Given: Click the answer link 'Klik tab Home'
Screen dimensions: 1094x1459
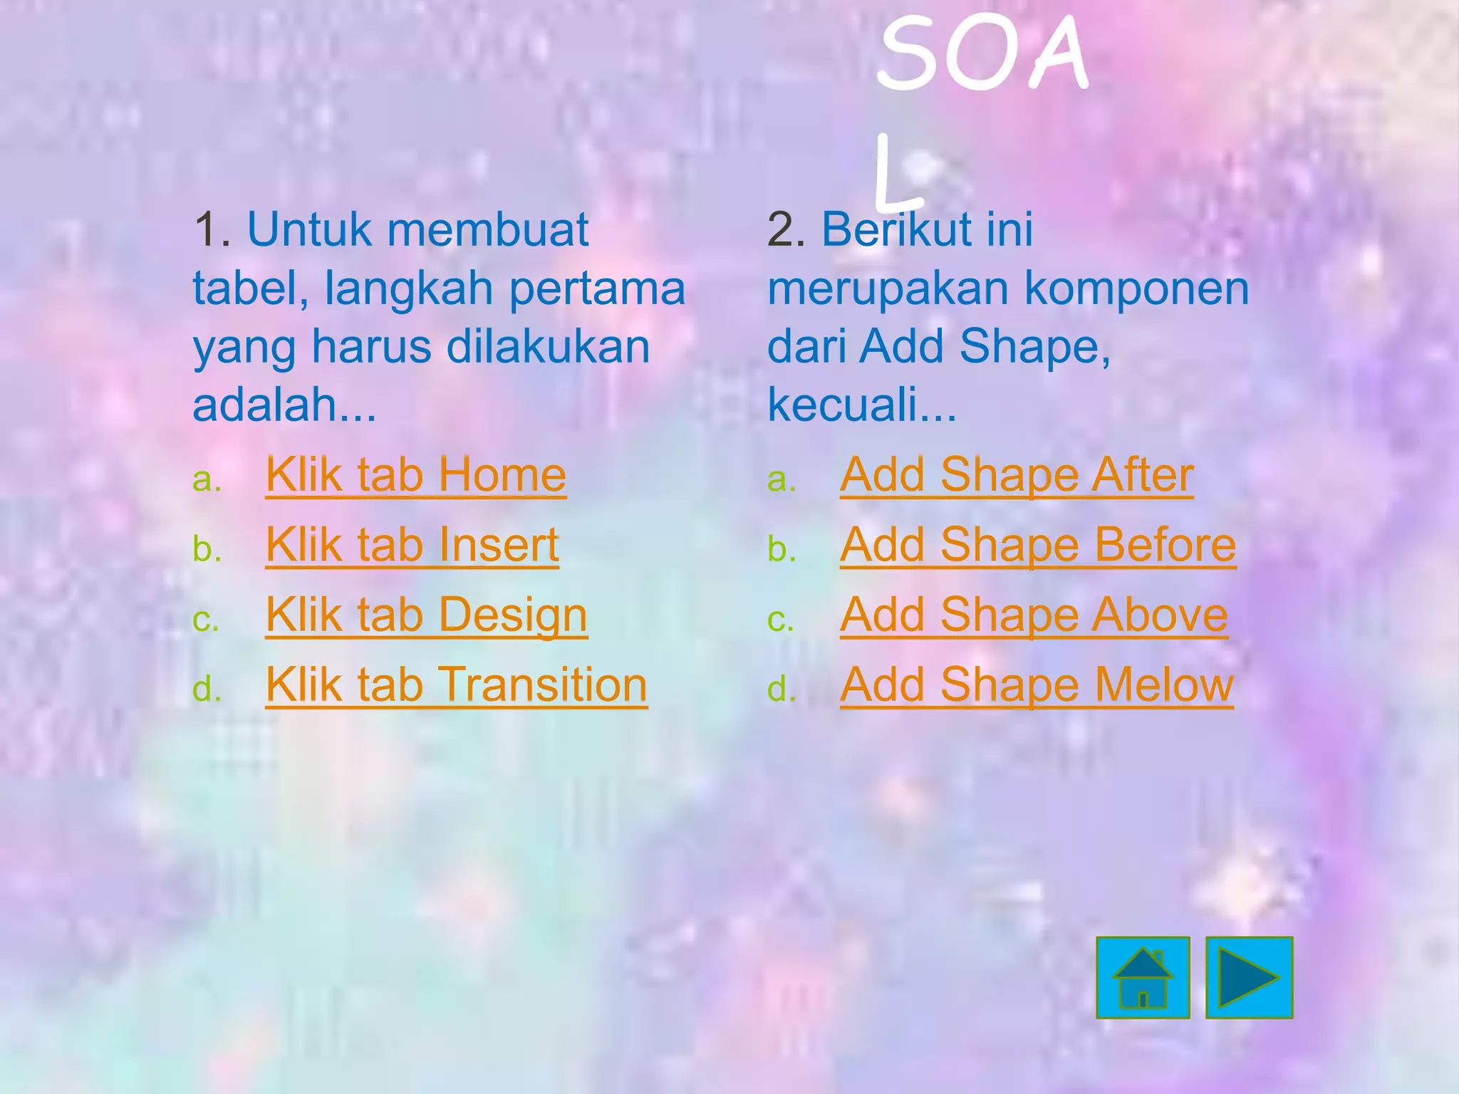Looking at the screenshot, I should point(415,475).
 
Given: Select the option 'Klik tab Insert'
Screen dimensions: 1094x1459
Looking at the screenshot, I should point(412,545).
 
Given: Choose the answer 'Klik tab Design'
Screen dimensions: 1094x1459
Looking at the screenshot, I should point(426,615).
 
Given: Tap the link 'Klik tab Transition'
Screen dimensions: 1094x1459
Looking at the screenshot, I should point(456,684).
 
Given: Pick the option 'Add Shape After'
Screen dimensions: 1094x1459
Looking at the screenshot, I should point(1017,475).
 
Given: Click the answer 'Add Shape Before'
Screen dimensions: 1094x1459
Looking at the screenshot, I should point(1038,545).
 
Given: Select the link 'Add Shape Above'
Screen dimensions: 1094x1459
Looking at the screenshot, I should point(1034,615).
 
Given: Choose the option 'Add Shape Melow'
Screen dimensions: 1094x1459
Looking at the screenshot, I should point(1037,684).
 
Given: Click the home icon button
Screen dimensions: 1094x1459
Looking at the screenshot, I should point(1143,977).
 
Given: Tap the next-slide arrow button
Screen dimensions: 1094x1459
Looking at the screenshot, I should point(1249,977).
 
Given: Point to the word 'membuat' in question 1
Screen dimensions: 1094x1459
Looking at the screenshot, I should point(488,230).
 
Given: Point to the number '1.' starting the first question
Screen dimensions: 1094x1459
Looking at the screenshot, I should point(212,230).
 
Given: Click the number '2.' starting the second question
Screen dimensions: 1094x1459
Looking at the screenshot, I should point(786,230).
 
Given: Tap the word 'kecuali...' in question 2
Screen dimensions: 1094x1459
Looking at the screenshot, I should point(862,405).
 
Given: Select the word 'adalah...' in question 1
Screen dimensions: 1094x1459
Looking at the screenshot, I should point(284,405).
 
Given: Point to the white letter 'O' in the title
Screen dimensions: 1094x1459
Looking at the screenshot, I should point(984,57).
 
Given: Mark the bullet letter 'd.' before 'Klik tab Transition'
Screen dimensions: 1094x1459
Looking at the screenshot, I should point(207,689).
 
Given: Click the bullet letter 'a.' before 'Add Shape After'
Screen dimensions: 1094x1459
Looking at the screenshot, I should point(782,480).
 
